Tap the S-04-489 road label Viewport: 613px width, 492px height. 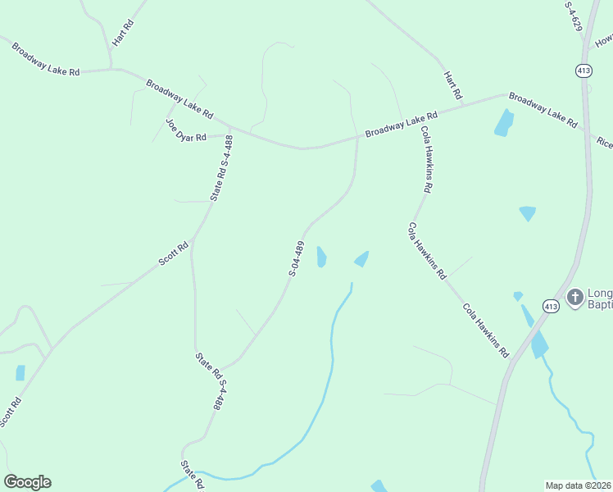(x=297, y=258)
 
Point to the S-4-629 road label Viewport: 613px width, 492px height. (x=573, y=16)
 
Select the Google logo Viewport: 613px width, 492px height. (x=27, y=482)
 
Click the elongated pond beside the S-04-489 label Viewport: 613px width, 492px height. (x=321, y=257)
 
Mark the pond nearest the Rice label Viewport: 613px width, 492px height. (x=503, y=123)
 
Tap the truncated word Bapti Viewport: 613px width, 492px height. (x=600, y=305)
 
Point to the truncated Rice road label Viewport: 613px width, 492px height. (x=605, y=143)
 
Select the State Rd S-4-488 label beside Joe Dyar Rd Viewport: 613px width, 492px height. (x=222, y=168)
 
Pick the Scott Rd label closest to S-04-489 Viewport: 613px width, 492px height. (x=174, y=254)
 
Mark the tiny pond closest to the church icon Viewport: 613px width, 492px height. (x=518, y=296)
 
